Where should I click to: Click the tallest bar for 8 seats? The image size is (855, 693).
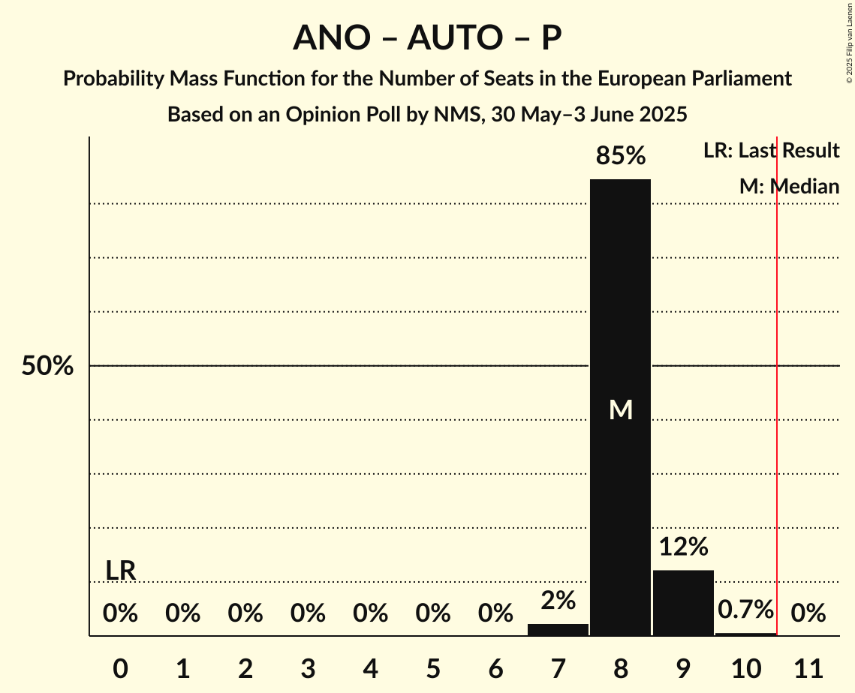pos(620,300)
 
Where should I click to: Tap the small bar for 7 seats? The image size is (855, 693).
pos(558,629)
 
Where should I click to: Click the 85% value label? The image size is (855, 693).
pos(620,156)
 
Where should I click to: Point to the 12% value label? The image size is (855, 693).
pos(683,547)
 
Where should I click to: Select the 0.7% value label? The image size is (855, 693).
pos(745,610)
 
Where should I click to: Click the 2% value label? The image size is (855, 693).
pos(558,600)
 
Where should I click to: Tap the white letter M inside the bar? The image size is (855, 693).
pos(621,409)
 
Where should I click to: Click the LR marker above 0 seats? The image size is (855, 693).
pos(120,571)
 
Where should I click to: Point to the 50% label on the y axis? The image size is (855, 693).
pos(47,366)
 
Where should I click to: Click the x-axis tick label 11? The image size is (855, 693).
pos(808,667)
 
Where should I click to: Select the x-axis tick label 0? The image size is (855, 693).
pos(120,667)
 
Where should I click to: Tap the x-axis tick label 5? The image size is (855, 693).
pos(433,667)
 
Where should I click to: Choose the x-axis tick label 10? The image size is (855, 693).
pos(745,667)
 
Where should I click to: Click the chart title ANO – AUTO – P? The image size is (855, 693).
pos(427,37)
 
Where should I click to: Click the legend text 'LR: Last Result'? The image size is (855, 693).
pos(771,151)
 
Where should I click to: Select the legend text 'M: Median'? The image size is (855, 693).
pos(789,187)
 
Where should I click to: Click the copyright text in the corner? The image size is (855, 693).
pos(849,41)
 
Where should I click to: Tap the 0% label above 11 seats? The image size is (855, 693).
pos(808,613)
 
